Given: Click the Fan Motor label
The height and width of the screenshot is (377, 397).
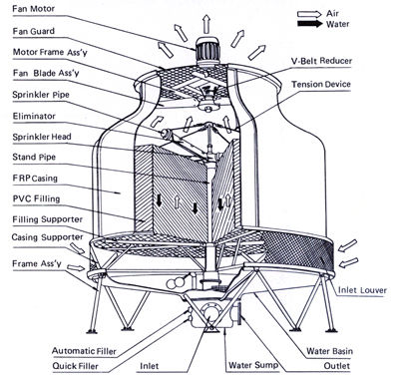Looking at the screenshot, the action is [x=33, y=8].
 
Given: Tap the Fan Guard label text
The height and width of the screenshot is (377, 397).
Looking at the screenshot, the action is [x=34, y=31].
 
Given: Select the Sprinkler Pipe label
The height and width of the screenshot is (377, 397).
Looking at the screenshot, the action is [x=41, y=95].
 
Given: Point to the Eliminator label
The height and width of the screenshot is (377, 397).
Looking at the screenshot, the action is [x=34, y=116].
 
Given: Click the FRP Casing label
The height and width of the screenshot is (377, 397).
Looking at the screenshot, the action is [x=35, y=179].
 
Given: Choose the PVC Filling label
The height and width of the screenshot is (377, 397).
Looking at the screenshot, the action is [x=36, y=198].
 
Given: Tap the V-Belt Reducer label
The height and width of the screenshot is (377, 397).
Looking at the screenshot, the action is [x=321, y=61].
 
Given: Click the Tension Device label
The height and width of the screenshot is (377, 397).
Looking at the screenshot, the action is [x=321, y=84].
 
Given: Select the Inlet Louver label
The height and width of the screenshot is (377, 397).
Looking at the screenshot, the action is [x=362, y=290].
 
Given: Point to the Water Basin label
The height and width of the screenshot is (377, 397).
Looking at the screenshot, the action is [x=329, y=351].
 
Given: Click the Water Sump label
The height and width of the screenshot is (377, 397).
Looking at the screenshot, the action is [x=253, y=365].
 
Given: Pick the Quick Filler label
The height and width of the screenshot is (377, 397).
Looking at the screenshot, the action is [x=76, y=366].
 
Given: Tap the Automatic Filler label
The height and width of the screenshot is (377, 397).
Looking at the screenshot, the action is [x=84, y=351].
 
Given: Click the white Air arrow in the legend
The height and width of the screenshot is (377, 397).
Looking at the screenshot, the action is [x=309, y=14].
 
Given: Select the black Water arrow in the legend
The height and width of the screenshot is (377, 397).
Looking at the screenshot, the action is [x=309, y=24].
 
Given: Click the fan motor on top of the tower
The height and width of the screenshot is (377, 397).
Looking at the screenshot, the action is [x=206, y=50].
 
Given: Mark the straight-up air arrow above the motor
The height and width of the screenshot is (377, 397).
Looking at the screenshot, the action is [x=206, y=24].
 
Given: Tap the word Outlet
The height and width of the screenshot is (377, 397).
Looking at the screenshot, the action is [x=337, y=366].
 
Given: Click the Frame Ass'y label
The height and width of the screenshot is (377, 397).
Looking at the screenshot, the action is [x=37, y=263].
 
